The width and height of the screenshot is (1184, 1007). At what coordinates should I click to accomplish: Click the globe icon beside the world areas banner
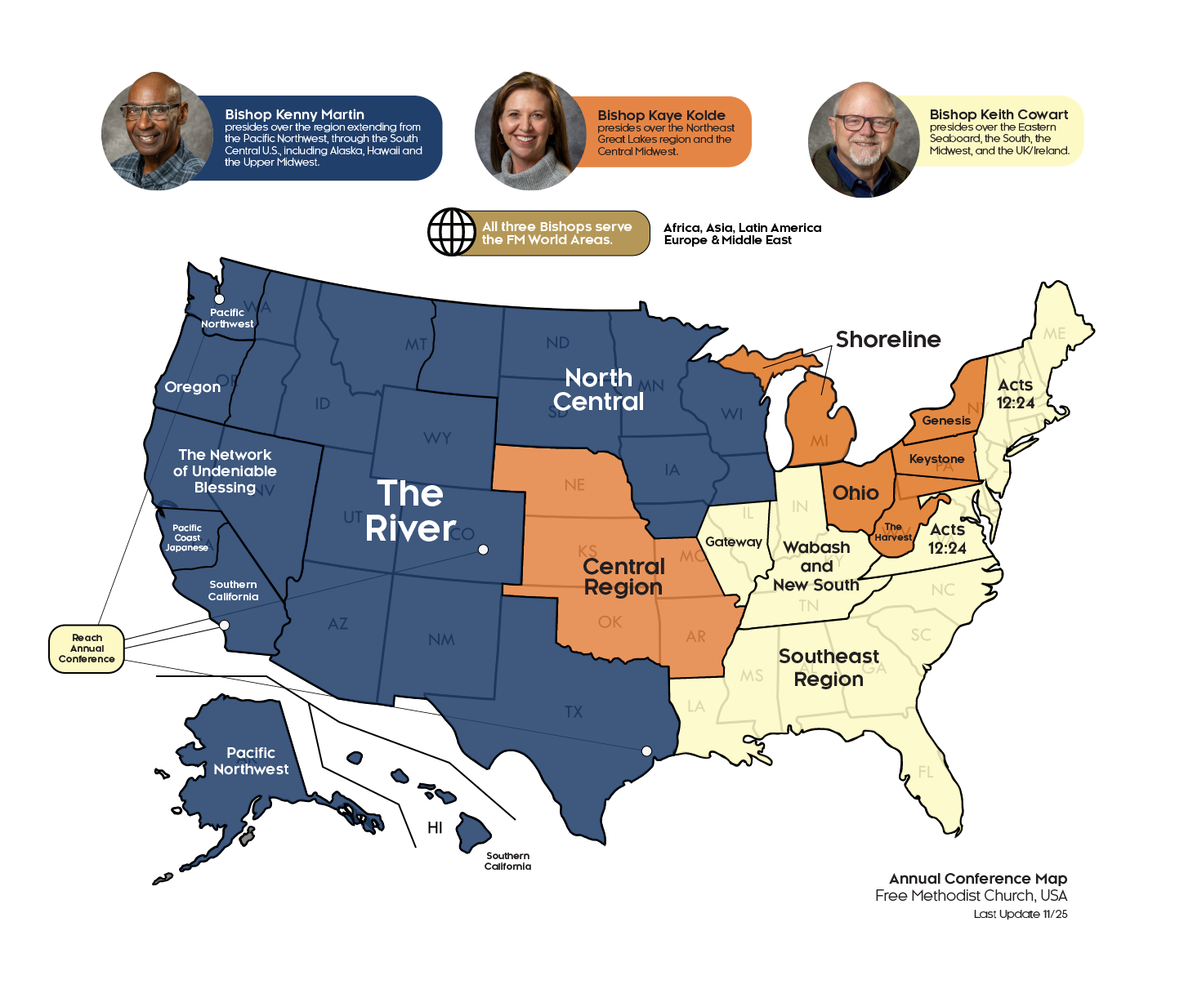tap(452, 233)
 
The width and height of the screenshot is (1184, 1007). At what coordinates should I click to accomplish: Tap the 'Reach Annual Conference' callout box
tap(87, 648)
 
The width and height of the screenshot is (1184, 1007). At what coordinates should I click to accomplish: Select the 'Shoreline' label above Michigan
tap(887, 340)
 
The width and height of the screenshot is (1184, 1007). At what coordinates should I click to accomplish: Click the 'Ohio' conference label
tap(856, 493)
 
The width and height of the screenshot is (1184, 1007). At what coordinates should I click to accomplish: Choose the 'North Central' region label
tap(599, 390)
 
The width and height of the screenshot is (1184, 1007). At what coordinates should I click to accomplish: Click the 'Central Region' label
tap(623, 577)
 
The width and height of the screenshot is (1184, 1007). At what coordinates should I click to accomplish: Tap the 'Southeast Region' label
tap(829, 668)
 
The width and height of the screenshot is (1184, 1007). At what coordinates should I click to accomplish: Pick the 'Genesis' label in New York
tap(946, 421)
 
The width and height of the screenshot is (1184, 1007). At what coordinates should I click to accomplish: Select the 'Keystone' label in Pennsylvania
tap(936, 459)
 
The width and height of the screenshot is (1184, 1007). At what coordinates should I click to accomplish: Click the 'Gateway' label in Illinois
tap(733, 541)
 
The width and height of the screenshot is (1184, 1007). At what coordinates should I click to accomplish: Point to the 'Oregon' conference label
tap(193, 387)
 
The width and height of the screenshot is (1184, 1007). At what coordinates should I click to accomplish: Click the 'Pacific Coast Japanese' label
tap(187, 538)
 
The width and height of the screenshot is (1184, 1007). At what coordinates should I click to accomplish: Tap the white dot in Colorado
tap(483, 550)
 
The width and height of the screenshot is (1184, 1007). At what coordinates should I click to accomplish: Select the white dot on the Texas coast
tap(646, 751)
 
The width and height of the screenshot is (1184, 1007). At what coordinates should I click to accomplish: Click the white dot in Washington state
tap(219, 300)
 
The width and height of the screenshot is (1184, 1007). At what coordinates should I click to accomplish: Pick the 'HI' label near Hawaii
tap(435, 828)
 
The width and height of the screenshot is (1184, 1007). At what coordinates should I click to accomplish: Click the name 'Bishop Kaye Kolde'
tap(661, 115)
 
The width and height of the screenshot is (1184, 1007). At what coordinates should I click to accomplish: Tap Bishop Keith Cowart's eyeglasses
tap(864, 124)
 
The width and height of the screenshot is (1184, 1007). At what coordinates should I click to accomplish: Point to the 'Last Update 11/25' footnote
tap(1020, 914)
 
